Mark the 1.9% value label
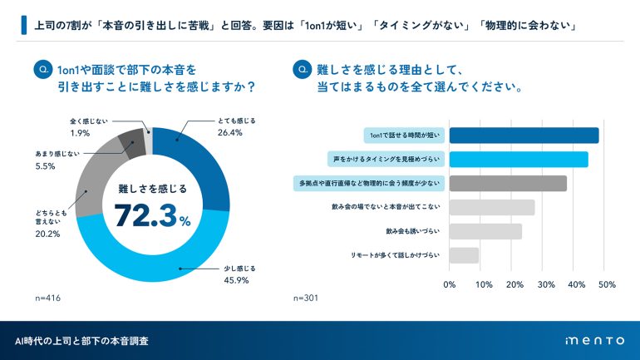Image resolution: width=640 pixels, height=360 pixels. click(x=80, y=133)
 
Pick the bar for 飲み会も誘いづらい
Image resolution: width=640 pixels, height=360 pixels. click(x=485, y=231)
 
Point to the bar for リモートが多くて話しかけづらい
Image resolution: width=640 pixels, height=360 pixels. click(x=464, y=255)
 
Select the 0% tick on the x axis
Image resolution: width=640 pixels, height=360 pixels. click(x=450, y=284)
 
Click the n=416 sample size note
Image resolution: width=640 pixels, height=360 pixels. click(x=48, y=297)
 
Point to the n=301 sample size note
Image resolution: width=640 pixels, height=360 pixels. click(x=307, y=297)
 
